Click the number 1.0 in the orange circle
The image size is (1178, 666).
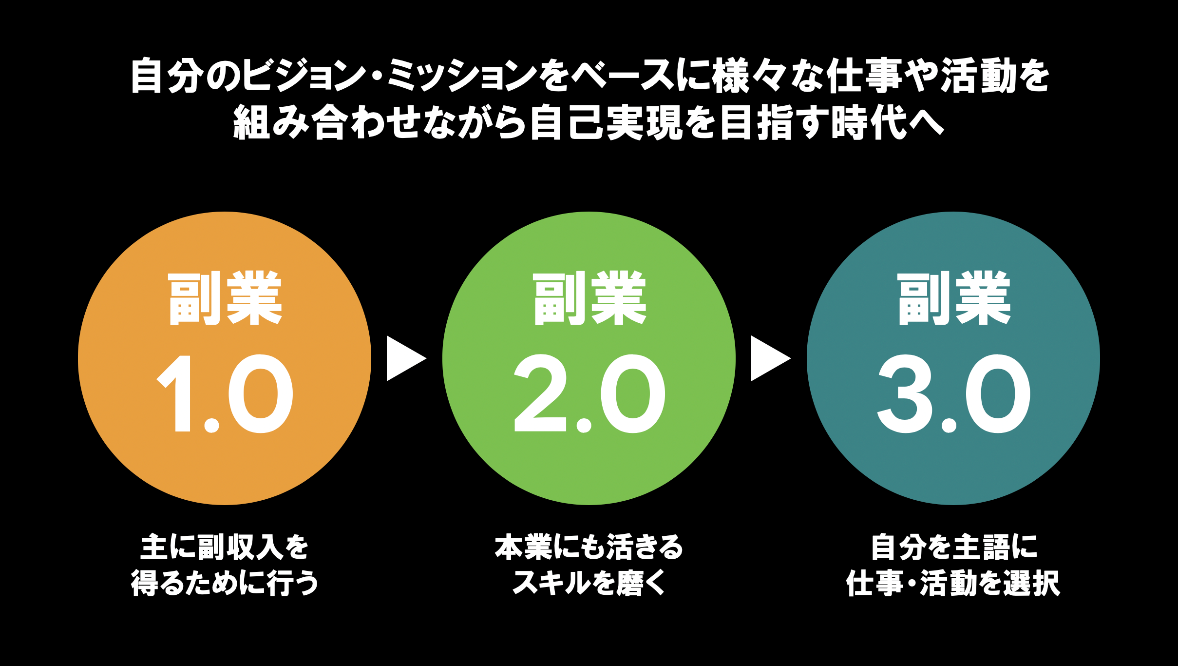pyautogui.click(x=225, y=394)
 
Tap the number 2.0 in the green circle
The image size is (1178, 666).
pyautogui.click(x=589, y=394)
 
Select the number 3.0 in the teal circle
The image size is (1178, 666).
pyautogui.click(x=953, y=394)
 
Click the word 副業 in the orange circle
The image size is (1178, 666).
pyautogui.click(x=225, y=298)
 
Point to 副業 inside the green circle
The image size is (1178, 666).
pyautogui.click(x=589, y=298)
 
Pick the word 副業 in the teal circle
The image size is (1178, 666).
pyautogui.click(x=953, y=298)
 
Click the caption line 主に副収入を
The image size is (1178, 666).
pyautogui.click(x=225, y=547)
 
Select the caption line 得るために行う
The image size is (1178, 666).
pyautogui.click(x=225, y=583)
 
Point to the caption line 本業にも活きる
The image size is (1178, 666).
pyautogui.click(x=589, y=547)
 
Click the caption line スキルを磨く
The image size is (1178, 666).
pyautogui.click(x=589, y=583)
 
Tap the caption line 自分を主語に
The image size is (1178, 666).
pyautogui.click(x=953, y=547)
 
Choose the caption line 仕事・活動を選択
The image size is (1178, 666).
pyautogui.click(x=953, y=583)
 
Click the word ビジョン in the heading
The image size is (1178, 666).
pyautogui.click(x=304, y=76)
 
